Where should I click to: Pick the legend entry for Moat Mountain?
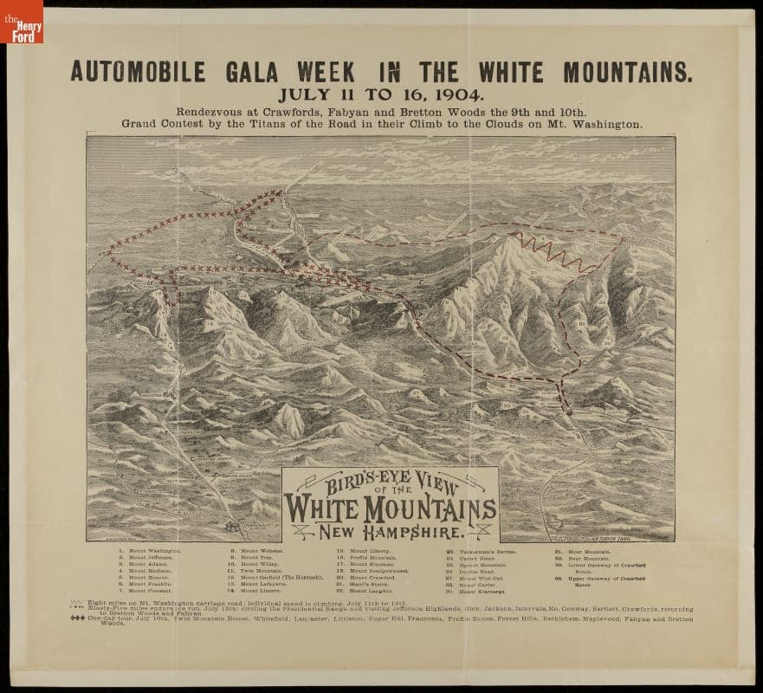pos(589,551)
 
